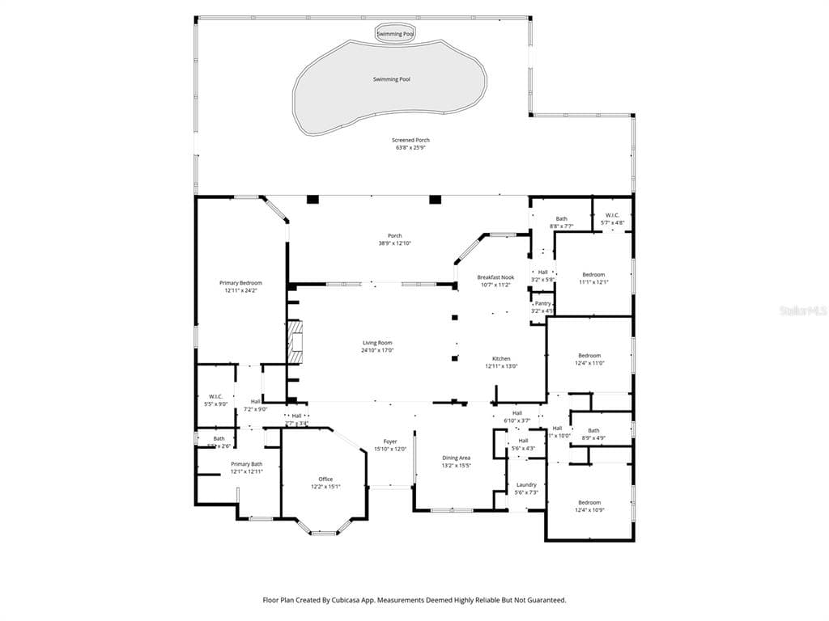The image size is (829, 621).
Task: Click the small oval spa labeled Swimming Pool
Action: (x=395, y=34)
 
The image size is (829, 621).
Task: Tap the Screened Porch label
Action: (x=412, y=140)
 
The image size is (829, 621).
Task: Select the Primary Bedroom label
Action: (x=240, y=283)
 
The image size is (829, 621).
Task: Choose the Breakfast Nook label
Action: (x=495, y=277)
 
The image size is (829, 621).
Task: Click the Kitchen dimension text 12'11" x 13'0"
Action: (x=501, y=366)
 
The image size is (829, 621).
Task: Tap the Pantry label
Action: (x=542, y=303)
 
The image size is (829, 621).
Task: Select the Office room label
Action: (x=325, y=479)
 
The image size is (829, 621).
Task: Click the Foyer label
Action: (x=390, y=441)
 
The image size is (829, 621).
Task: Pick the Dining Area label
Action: (x=456, y=458)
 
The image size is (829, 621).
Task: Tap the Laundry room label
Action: (x=526, y=485)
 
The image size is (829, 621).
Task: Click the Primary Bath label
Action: (x=246, y=464)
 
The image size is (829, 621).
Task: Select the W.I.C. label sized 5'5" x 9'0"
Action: (x=215, y=396)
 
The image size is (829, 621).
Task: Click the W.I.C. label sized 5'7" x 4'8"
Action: (x=612, y=215)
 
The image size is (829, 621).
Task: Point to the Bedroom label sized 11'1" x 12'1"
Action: (x=593, y=275)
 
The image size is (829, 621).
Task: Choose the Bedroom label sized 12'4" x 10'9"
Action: (x=589, y=502)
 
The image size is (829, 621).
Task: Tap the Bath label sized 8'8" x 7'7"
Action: (x=561, y=218)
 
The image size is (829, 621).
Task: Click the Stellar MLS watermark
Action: (x=806, y=310)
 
